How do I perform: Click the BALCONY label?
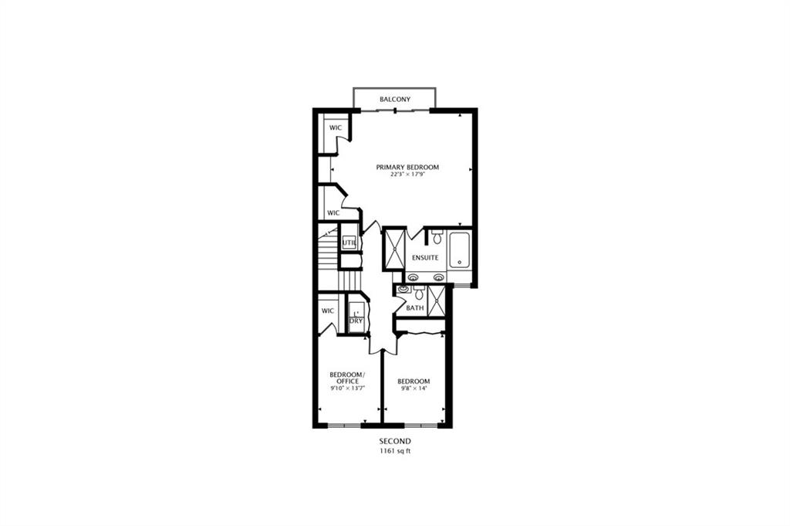[394, 100]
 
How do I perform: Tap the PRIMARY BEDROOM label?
[407, 168]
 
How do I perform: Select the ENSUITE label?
[425, 258]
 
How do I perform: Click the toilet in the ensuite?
[437, 236]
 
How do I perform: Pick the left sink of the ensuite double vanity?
[414, 277]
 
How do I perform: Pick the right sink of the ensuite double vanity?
[439, 277]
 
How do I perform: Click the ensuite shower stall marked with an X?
[394, 249]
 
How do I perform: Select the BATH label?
[415, 308]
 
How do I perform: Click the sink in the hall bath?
[403, 290]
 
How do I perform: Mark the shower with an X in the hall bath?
[436, 301]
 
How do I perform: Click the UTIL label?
[349, 243]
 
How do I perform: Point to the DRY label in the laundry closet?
[356, 321]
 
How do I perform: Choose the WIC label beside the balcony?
[336, 128]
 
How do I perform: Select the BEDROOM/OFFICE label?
[347, 378]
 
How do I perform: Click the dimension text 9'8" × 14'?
[414, 389]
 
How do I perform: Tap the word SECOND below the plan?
[395, 442]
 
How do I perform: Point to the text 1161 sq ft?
[395, 451]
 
